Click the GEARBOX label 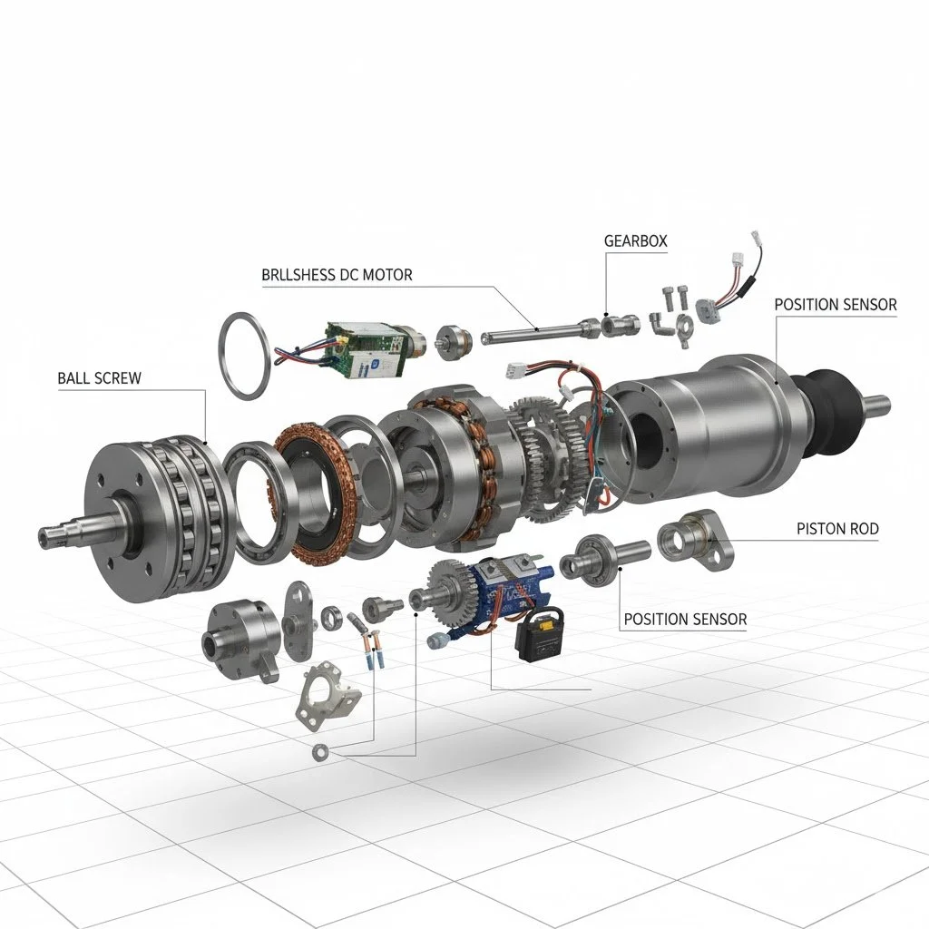(x=635, y=241)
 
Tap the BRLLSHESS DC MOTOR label (x=337, y=275)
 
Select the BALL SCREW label (x=100, y=378)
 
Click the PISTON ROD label (x=837, y=529)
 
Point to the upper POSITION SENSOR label (x=836, y=305)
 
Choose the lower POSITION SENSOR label (x=685, y=619)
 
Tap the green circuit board (x=363, y=348)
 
